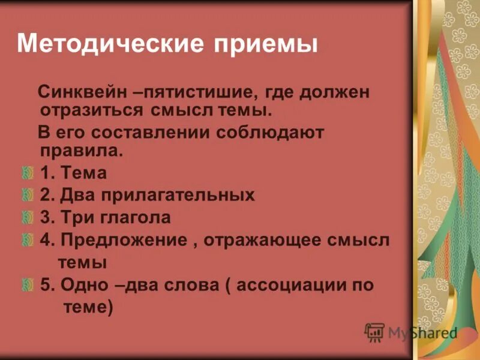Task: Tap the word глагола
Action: click(136, 217)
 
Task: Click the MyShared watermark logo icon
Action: click(375, 332)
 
